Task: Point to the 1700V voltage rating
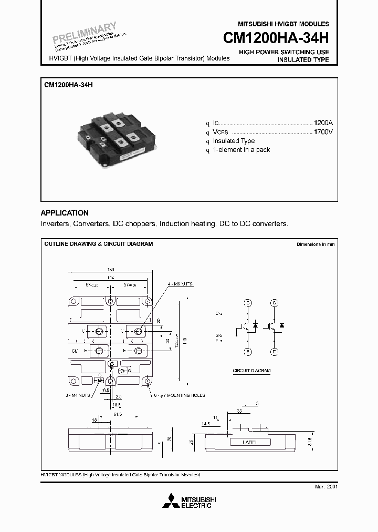(323, 131)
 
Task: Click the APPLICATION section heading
(65, 213)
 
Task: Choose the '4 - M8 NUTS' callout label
(181, 283)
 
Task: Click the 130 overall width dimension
(111, 269)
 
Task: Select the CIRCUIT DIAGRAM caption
(251, 371)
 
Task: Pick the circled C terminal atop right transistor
(274, 303)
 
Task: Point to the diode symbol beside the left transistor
(255, 326)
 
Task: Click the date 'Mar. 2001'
(326, 487)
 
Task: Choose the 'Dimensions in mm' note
(315, 244)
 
